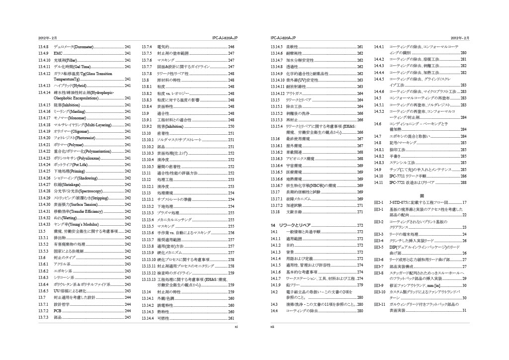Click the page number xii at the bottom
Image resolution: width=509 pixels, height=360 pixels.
[273, 327]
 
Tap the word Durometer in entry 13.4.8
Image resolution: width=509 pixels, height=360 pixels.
[83, 46]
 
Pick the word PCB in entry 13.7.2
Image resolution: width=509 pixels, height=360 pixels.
[57, 310]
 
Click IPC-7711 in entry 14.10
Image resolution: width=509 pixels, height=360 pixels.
[398, 176]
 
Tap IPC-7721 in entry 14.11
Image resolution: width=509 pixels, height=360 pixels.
[398, 182]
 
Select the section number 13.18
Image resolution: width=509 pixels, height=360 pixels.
[275, 212]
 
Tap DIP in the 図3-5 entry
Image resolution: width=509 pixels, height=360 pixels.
[393, 247]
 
